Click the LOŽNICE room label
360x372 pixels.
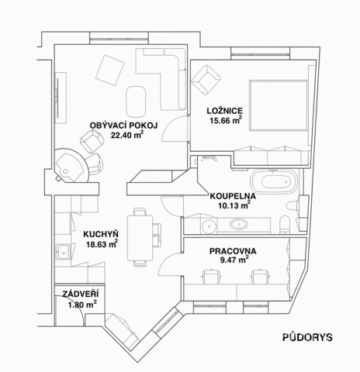225,111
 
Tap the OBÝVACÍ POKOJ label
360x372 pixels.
123,126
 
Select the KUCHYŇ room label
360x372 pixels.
101,234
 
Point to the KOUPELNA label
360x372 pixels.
233,196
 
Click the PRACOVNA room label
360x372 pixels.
233,251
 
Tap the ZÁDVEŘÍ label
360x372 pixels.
81,294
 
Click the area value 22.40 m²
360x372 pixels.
127,135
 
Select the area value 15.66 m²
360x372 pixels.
227,120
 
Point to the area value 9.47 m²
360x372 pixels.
234,260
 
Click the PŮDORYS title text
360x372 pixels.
307,337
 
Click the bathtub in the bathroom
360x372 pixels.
275,181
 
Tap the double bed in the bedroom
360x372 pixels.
279,105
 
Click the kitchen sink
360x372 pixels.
63,252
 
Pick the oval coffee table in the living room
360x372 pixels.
136,102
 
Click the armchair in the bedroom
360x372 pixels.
206,80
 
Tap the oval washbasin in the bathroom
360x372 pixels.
239,224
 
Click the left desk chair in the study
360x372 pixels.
211,277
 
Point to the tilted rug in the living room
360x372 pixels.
110,70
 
